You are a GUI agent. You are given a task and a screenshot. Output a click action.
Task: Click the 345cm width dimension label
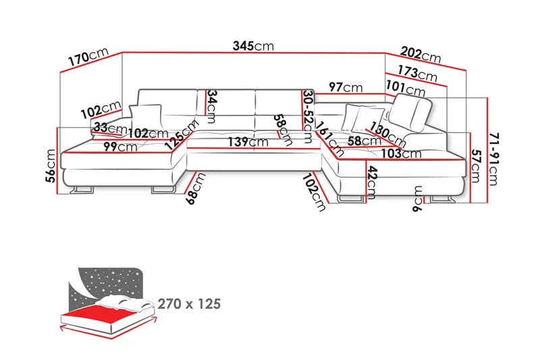tap(254, 46)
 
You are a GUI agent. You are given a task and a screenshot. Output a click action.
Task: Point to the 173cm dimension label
tap(416, 72)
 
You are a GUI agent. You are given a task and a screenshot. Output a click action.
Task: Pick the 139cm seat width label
tap(248, 142)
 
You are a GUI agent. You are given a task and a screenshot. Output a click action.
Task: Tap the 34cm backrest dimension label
tap(211, 107)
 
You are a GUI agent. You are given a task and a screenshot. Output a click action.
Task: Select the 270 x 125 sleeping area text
tap(189, 304)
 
